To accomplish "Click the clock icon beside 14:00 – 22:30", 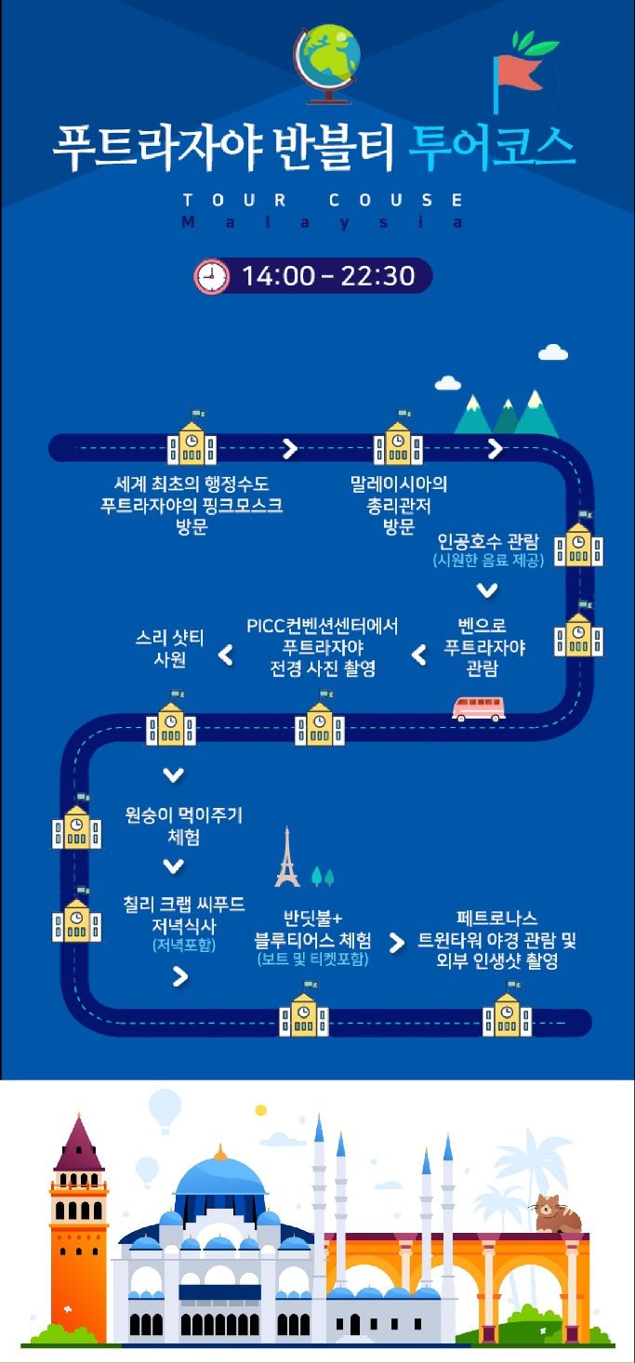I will pos(211,276).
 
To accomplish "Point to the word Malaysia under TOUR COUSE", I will pos(322,223).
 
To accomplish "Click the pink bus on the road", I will pos(478,708).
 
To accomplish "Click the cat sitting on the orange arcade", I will pos(556,1214).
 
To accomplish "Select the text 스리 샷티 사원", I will pos(171,648).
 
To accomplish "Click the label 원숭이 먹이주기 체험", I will pos(183,826).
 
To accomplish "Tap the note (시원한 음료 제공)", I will pos(487,562).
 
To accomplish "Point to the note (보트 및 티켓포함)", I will pos(312,959).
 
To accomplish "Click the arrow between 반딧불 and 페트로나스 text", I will pos(397,943).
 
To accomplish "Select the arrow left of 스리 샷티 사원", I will pos(225,656).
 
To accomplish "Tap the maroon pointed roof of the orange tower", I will pos(79,1145).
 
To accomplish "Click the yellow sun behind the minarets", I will pos(261,1110).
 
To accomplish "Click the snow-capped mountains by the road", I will pos(507,415).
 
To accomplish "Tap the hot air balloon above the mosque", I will pos(165,1108).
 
